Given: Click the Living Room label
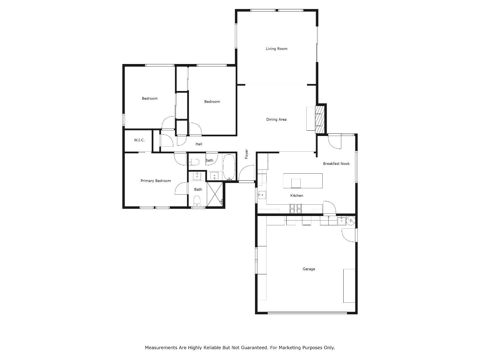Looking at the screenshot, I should (276, 49).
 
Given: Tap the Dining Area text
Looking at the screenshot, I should (276, 119).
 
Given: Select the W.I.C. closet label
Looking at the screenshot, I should (139, 140).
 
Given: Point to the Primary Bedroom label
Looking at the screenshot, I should (156, 181).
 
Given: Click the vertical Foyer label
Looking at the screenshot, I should (247, 154).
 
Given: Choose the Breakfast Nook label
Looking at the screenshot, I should (336, 164).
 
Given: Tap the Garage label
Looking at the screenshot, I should (309, 269).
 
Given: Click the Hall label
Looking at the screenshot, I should (199, 144).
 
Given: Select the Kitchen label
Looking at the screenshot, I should (296, 196).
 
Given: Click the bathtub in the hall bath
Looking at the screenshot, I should (229, 167).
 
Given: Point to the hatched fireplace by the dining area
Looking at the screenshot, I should (320, 119).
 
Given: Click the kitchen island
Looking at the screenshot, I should (303, 181).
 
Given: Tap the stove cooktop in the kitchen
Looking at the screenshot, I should (295, 209).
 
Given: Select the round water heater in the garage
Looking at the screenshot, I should (351, 220).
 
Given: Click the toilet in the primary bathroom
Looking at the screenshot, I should (197, 201).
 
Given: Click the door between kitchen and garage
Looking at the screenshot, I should (329, 207).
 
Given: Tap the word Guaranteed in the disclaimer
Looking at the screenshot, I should (250, 348).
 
